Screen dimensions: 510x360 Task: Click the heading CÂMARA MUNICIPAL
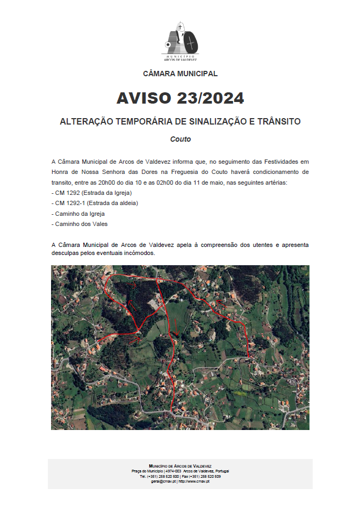180,74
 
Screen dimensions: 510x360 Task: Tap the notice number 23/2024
210,98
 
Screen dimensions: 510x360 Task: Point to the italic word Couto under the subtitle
181,139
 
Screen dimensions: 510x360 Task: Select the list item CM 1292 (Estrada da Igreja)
92,193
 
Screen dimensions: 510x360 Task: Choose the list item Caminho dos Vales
80,223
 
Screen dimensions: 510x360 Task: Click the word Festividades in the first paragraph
282,161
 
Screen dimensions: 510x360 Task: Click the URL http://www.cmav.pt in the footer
195,481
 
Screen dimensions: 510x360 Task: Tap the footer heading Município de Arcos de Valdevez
180,466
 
